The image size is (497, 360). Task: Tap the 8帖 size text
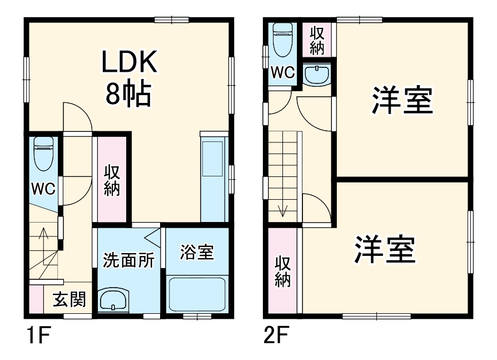[129, 95]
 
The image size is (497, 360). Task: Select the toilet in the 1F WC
[43, 153]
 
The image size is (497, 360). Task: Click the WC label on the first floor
[43, 189]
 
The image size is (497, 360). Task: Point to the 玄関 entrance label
[69, 300]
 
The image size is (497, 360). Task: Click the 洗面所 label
[128, 261]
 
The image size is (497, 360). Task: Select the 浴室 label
[196, 252]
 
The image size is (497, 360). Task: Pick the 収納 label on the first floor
[112, 180]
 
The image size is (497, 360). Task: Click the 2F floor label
[276, 336]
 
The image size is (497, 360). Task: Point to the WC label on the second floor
[282, 72]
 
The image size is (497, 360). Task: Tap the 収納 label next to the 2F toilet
[317, 40]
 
